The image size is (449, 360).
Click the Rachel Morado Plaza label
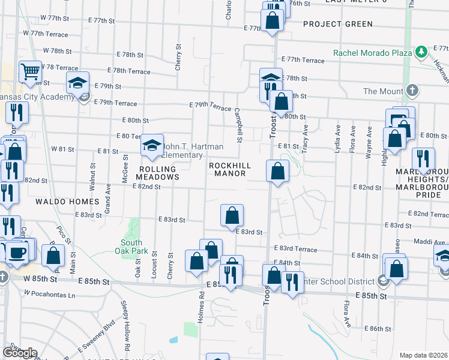click(x=373, y=52)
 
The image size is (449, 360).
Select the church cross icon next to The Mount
click(x=412, y=91)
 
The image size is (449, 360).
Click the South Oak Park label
click(x=128, y=247)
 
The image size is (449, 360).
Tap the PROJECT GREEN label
click(x=338, y=24)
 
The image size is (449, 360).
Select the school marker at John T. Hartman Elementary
click(x=152, y=145)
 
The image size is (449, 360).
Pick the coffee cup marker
click(x=17, y=252)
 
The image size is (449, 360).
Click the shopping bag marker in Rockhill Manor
click(x=277, y=172)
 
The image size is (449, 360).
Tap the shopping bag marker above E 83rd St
click(x=232, y=216)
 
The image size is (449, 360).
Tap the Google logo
click(x=19, y=353)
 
